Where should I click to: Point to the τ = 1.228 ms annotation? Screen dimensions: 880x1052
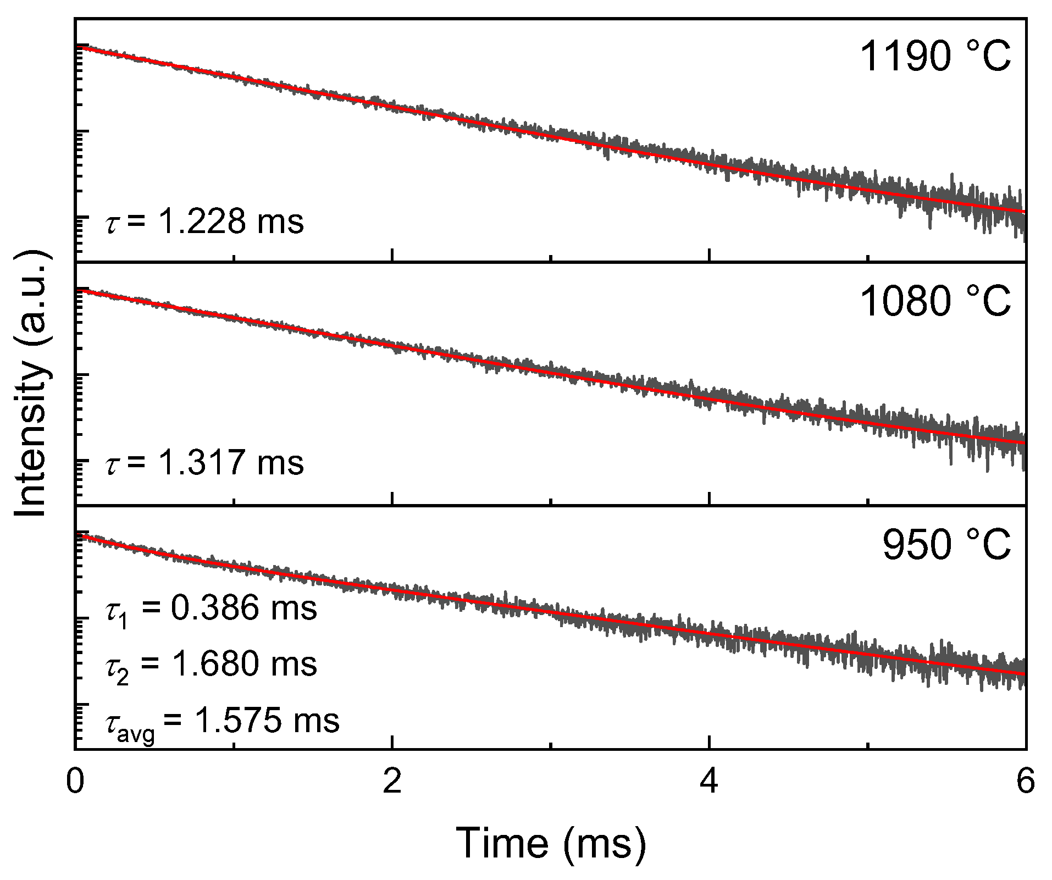click(x=204, y=223)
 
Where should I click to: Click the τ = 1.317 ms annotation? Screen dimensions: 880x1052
click(x=204, y=462)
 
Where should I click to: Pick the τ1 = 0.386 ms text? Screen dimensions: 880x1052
click(x=211, y=609)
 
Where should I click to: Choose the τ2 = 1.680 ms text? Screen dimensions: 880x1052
click(x=211, y=665)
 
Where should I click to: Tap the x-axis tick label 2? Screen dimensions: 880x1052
click(x=392, y=781)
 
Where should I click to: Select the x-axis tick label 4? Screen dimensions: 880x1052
click(x=710, y=781)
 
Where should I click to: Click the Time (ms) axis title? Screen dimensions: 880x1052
click(x=550, y=843)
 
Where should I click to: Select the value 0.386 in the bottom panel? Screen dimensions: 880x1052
click(x=215, y=608)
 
